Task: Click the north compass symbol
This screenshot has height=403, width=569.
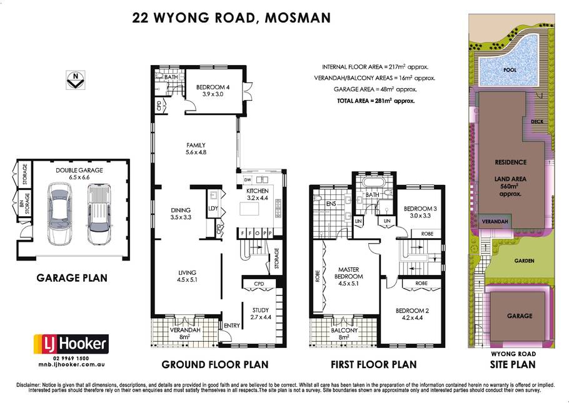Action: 76,80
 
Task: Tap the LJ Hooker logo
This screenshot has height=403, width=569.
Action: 71,344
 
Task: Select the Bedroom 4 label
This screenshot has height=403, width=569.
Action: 213,91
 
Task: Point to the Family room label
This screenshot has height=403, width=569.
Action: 196,149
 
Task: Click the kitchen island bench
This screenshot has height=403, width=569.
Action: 249,209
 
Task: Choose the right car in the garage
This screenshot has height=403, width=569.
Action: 99,214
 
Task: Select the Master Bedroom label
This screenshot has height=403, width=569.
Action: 348,276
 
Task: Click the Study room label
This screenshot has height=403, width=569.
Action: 261,314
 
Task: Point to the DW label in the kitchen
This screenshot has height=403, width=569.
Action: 248,180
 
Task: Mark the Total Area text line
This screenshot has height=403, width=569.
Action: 376,101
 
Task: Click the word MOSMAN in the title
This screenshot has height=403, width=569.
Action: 298,17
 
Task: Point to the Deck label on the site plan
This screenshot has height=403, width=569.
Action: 537,121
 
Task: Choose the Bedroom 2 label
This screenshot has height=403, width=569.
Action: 412,314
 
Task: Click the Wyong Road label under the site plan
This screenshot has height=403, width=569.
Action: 513,354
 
